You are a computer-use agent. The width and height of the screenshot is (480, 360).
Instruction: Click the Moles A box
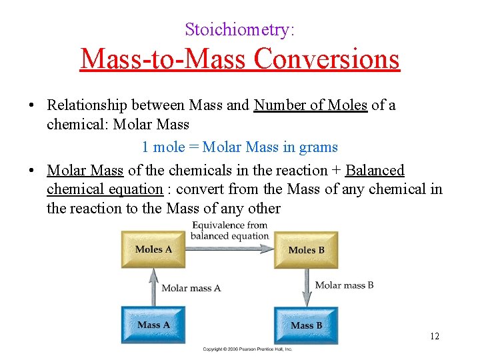(x=153, y=249)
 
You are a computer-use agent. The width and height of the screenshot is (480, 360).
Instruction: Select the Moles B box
(x=306, y=250)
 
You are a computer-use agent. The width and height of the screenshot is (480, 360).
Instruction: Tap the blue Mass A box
(x=153, y=325)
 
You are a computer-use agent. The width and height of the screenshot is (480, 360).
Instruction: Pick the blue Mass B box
(x=306, y=325)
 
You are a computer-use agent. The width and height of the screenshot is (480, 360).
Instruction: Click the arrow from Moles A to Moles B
(x=229, y=249)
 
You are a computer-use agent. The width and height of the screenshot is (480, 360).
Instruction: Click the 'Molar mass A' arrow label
(x=191, y=288)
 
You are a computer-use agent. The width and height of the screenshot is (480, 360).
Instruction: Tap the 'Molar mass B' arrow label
(x=344, y=285)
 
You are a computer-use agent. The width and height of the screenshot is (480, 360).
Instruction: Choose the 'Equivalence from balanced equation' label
(x=229, y=231)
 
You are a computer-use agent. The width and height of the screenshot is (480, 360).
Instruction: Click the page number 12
(x=435, y=336)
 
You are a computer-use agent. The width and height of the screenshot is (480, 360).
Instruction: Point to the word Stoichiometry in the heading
(x=239, y=29)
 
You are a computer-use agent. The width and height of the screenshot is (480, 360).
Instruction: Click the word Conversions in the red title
(x=327, y=59)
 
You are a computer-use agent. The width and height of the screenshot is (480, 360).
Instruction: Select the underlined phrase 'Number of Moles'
(x=311, y=105)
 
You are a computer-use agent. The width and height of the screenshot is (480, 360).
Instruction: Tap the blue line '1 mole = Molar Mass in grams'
(x=239, y=147)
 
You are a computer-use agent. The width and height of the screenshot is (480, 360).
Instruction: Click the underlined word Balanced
(x=375, y=171)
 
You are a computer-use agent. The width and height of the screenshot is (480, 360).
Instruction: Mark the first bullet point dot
(x=32, y=106)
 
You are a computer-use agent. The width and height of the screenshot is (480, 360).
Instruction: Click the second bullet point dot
(x=32, y=171)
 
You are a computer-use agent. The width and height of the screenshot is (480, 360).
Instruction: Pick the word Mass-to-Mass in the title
(x=164, y=59)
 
